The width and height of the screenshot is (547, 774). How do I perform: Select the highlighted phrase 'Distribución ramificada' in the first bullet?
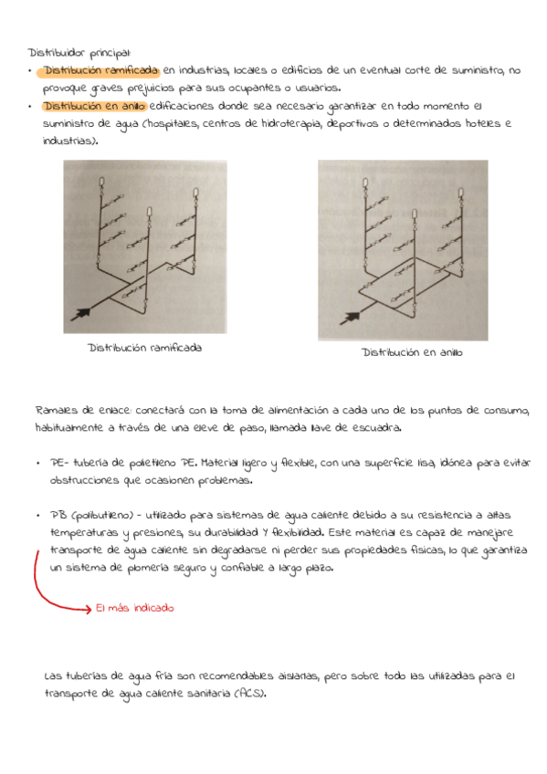coord(101,70)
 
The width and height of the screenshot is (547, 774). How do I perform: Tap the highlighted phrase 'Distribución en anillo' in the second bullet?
coord(94,106)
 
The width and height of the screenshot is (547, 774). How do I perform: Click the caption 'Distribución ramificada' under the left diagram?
coord(145,347)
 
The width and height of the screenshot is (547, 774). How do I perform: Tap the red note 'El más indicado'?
coord(134,608)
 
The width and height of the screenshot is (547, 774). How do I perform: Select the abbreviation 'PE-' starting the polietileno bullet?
coord(60,463)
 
